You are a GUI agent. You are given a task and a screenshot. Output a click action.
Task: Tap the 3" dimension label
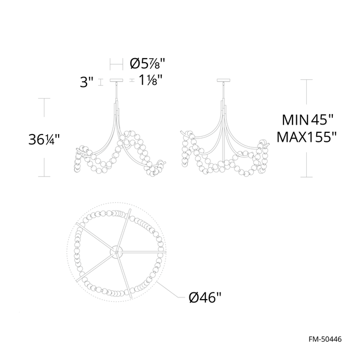tap(86, 83)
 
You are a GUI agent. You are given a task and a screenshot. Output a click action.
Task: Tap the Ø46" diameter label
tap(205, 299)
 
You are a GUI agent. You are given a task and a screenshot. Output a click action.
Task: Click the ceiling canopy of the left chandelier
tap(117, 81)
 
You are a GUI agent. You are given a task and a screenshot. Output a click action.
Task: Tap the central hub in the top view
tap(117, 251)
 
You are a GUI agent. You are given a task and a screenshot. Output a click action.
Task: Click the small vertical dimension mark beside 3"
tap(100, 83)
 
